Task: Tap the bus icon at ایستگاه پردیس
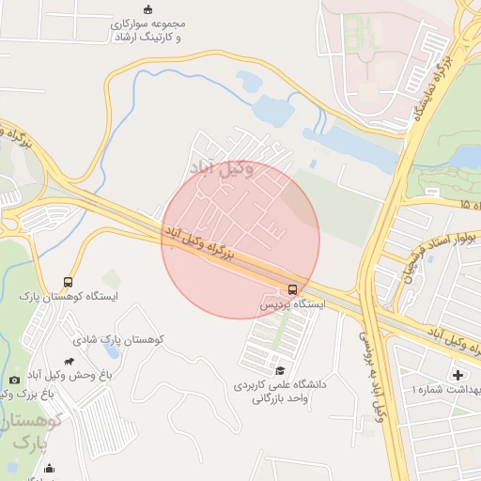pos(292,288)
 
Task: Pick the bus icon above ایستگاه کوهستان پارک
pos(68,282)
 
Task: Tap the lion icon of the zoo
pos(70,361)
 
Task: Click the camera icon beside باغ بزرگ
pos(13,380)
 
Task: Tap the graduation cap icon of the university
pos(278,370)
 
